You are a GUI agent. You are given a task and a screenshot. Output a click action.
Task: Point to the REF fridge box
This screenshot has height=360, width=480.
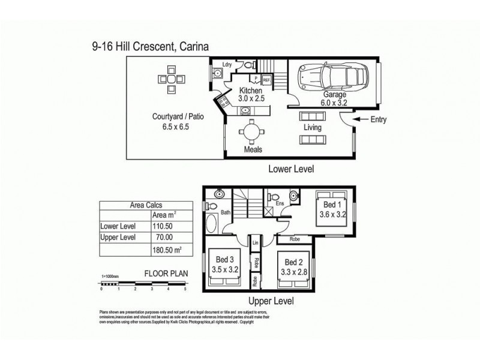coord(266,79)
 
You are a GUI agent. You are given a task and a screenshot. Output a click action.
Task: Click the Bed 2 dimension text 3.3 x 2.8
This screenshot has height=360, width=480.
coord(293,271)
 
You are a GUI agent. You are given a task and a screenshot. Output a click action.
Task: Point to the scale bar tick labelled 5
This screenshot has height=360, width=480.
coord(185,289)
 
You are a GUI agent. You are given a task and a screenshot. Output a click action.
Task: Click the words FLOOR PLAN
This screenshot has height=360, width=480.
coord(166,273)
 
